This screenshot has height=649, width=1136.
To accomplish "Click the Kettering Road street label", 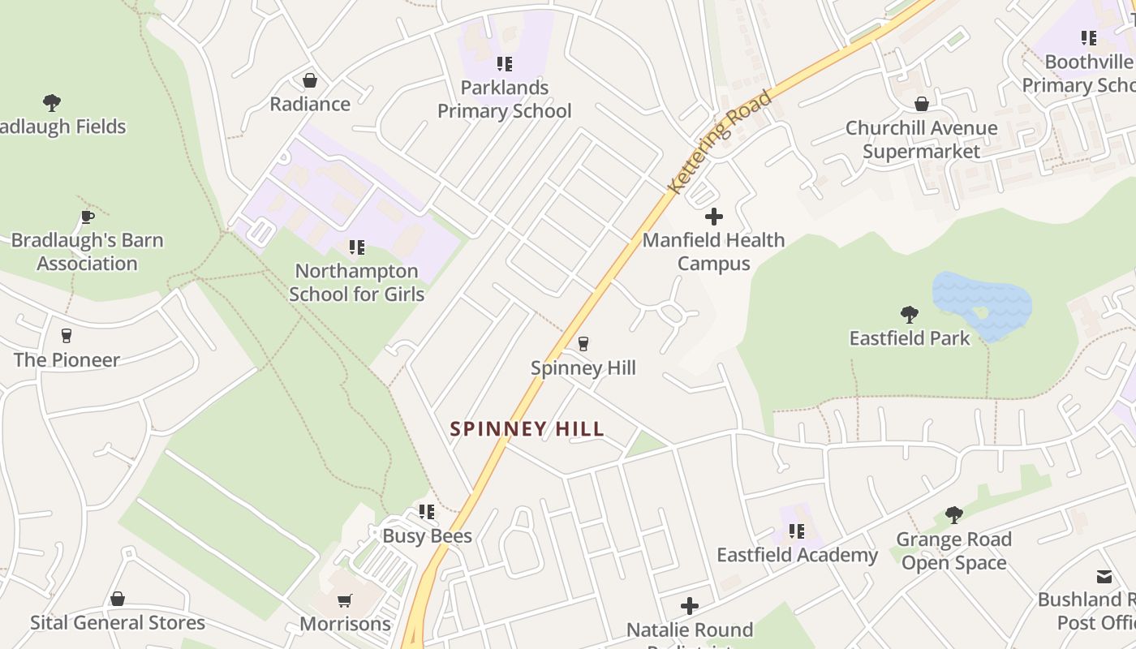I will click(719, 143).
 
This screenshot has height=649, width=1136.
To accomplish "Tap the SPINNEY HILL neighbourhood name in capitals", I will click(527, 429).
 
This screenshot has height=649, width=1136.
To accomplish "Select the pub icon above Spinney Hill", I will click(583, 344).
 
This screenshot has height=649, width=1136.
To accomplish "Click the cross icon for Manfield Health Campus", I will click(714, 217).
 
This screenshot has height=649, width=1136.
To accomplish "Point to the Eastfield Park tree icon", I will click(910, 314).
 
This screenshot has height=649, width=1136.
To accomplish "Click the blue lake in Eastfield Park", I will click(982, 304).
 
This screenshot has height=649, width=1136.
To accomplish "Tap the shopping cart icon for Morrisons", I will click(345, 601).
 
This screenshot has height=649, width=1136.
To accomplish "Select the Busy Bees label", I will click(427, 536).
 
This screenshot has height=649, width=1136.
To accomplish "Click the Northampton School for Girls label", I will click(356, 282).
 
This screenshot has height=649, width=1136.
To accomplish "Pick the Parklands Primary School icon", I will click(505, 64).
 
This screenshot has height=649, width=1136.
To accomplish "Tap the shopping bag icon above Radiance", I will click(309, 80).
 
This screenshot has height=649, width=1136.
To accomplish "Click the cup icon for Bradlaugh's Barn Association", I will click(88, 217).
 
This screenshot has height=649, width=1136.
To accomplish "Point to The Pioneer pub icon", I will click(67, 336).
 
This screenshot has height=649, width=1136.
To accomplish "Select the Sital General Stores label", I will click(118, 623).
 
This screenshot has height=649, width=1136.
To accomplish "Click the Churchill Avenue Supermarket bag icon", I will click(922, 105).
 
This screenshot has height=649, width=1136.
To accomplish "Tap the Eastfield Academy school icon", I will click(797, 531).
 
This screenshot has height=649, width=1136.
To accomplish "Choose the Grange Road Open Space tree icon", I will click(954, 514).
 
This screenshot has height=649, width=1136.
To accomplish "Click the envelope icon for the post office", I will click(1104, 577).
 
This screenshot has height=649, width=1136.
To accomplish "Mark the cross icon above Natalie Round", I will click(690, 606).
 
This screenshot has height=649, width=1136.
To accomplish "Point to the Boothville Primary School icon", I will click(1089, 38).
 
